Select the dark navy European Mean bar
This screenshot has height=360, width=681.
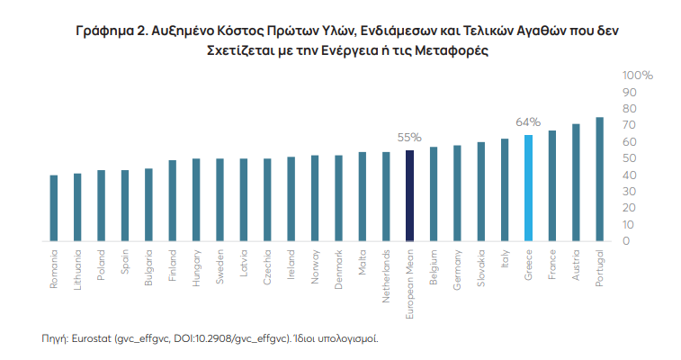(409, 195)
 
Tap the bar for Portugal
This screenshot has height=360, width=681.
(599, 179)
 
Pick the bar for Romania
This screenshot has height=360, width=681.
(54, 208)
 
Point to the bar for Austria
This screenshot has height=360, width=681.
(576, 183)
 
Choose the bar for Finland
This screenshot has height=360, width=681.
(172, 201)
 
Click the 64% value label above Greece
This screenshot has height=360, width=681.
(527, 121)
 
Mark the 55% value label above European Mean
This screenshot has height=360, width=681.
(409, 137)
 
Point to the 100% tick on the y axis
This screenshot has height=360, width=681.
(638, 76)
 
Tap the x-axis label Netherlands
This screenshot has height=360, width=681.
(386, 268)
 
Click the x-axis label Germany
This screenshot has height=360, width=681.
(457, 267)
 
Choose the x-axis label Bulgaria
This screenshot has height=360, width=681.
(148, 266)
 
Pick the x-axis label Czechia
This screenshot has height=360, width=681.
(267, 265)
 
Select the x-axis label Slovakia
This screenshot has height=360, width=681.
(480, 267)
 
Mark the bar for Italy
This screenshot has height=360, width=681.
(505, 190)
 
